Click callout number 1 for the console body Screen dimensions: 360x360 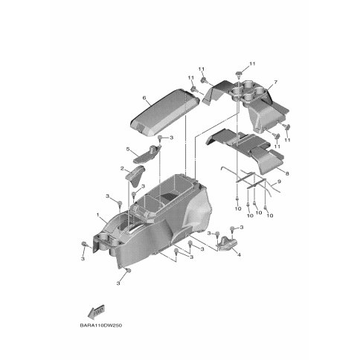coord(98,214)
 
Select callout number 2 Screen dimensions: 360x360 coord(122,169)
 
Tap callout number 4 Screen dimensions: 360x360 coord(239,254)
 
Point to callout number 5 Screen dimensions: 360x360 coord(128,149)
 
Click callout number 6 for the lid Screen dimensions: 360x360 coord(144,98)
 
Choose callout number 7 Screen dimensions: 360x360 coord(276,82)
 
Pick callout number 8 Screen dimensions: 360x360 coord(287,174)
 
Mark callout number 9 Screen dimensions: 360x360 coord(279,181)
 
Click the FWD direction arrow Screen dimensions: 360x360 coord(97,312)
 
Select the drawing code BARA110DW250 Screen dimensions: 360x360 coord(101,326)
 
